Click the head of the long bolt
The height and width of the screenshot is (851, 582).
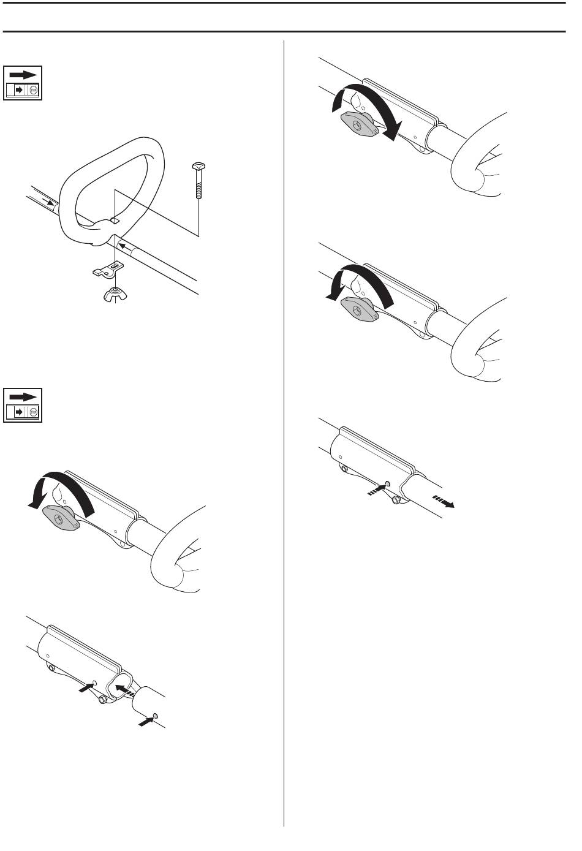[x=198, y=167]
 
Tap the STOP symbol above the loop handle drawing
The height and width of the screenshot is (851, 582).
[x=33, y=91]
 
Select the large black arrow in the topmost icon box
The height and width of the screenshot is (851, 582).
[x=23, y=75]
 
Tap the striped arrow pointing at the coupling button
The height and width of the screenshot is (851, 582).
[x=377, y=489]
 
